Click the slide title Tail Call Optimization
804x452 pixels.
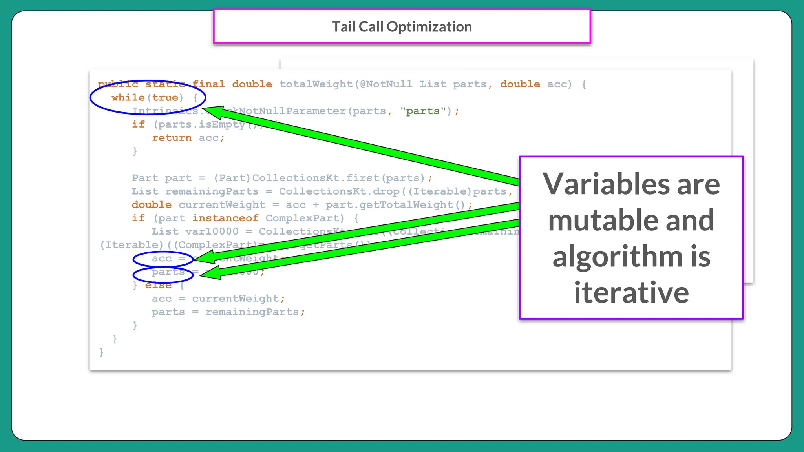[402, 27]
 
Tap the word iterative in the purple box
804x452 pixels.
[631, 293]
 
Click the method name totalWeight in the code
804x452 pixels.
[316, 84]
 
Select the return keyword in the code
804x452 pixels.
[172, 138]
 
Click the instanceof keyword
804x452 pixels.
[225, 218]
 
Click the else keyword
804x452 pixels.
[158, 285]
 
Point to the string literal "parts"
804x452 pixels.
[423, 111]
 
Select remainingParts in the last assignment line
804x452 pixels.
[252, 312]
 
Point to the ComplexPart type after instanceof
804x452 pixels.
[304, 218]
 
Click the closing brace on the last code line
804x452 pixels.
[101, 352]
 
